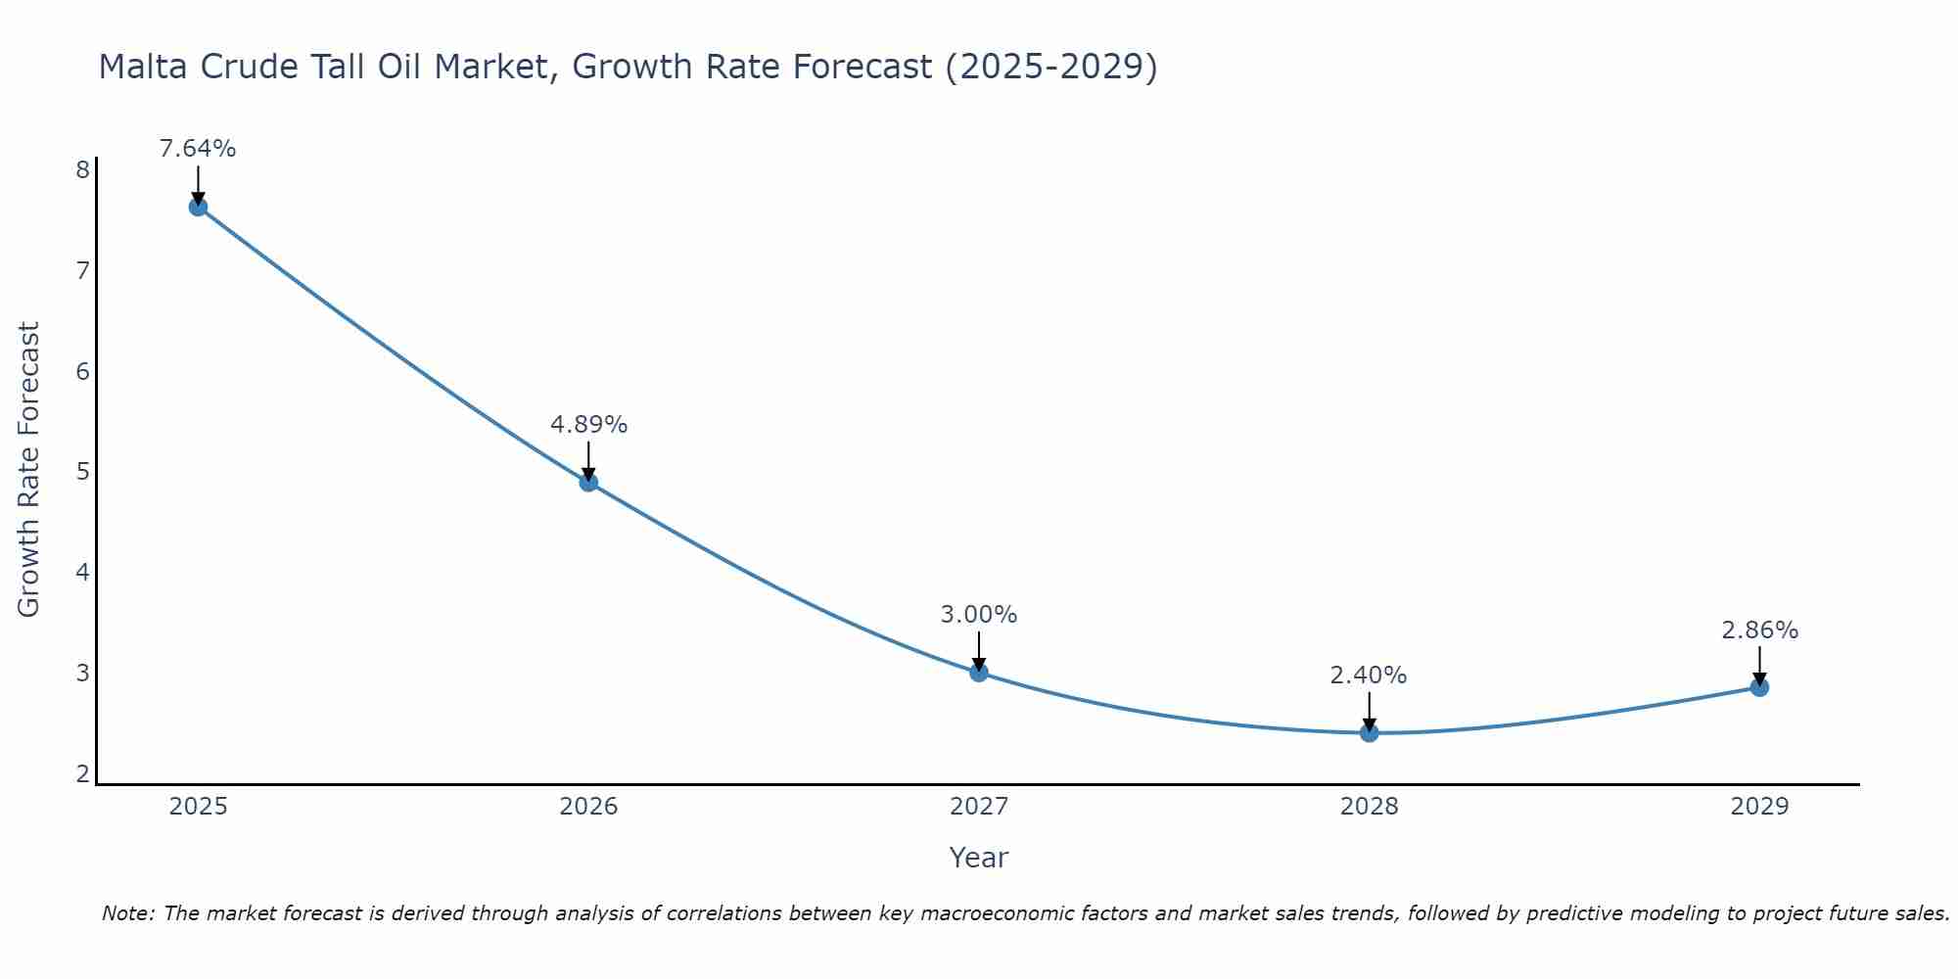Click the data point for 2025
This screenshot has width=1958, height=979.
click(x=198, y=207)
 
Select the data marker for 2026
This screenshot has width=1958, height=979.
click(x=588, y=482)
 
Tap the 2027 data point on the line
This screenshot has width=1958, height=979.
click(x=979, y=672)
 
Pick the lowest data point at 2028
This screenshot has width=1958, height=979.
click(x=1369, y=732)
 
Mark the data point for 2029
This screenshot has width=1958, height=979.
click(x=1759, y=687)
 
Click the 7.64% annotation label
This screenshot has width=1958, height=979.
click(x=198, y=149)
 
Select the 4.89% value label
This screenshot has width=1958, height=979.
click(x=588, y=425)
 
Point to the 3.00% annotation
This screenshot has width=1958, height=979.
click(x=979, y=615)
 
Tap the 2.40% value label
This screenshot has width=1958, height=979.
click(x=1369, y=676)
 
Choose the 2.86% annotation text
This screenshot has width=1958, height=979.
click(x=1759, y=630)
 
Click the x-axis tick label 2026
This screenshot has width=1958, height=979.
click(x=588, y=807)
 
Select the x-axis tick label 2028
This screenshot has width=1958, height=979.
click(x=1369, y=807)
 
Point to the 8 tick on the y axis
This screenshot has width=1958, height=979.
click(x=82, y=170)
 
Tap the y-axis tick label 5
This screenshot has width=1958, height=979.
click(x=82, y=472)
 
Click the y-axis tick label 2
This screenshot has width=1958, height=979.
click(x=82, y=774)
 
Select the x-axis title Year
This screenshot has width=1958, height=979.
click(x=979, y=858)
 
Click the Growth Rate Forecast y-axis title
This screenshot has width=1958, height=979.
click(x=29, y=470)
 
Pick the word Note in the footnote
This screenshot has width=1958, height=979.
click(x=127, y=913)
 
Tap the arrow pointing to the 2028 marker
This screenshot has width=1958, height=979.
click(x=1369, y=711)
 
